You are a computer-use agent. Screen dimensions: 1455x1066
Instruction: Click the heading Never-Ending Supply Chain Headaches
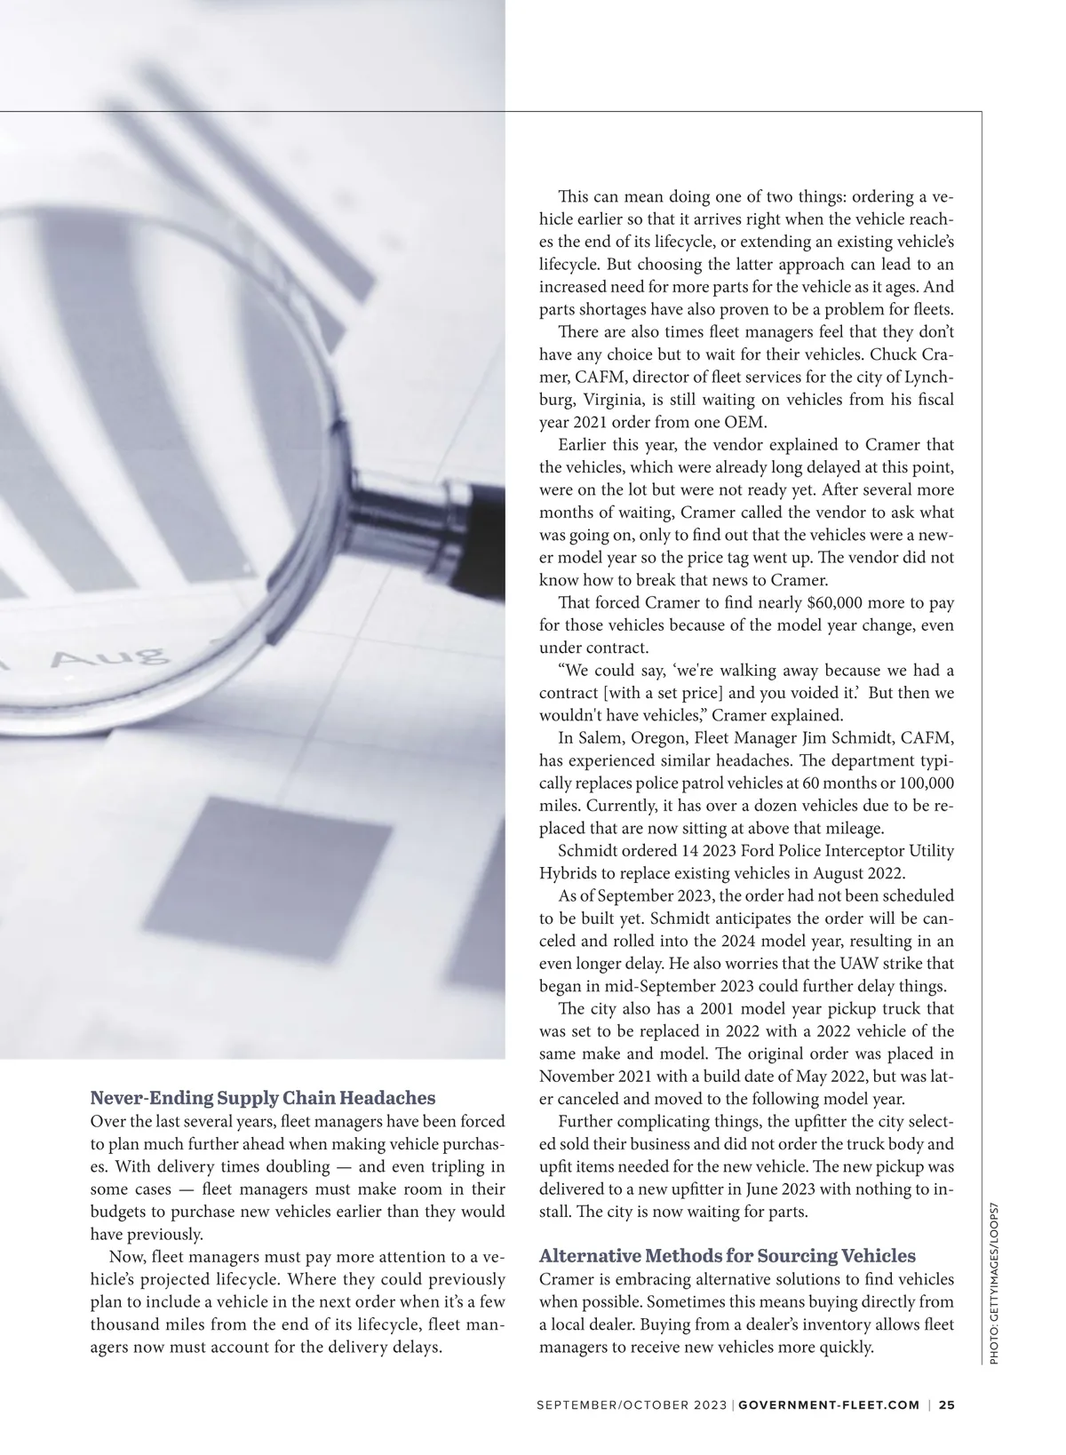click(263, 1097)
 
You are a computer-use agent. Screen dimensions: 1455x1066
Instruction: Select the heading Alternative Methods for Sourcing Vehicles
click(727, 1255)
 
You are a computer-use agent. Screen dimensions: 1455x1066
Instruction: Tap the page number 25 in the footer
click(947, 1404)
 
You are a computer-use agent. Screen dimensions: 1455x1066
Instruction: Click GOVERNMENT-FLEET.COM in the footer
click(829, 1404)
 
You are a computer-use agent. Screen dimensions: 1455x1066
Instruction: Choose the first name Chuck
click(891, 354)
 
